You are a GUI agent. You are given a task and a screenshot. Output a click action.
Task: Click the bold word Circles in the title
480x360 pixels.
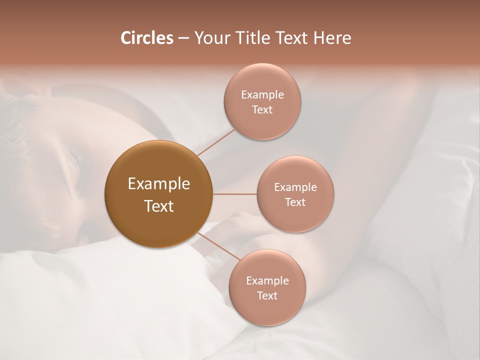tap(147, 38)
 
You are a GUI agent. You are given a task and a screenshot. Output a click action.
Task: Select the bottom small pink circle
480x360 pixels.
tap(267, 310)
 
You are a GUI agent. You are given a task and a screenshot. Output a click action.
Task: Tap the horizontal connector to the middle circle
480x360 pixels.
tap(234, 194)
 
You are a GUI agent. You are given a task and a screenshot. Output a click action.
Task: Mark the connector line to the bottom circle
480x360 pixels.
tap(218, 246)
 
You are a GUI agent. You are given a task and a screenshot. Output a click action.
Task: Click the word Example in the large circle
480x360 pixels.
tap(159, 184)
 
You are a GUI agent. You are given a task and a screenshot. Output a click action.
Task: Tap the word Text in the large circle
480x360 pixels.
tap(159, 206)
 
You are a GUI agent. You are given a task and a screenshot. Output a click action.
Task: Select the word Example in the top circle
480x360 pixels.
tap(262, 95)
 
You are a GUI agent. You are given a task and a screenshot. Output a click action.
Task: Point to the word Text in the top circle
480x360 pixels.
tap(262, 110)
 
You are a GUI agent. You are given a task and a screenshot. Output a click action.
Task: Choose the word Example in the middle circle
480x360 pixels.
tap(295, 187)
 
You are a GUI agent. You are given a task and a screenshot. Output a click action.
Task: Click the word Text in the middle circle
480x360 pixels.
tap(295, 202)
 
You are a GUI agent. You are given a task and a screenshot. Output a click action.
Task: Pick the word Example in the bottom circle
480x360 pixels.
tap(267, 281)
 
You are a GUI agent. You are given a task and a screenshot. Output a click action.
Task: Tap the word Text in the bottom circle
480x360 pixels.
tap(267, 296)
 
